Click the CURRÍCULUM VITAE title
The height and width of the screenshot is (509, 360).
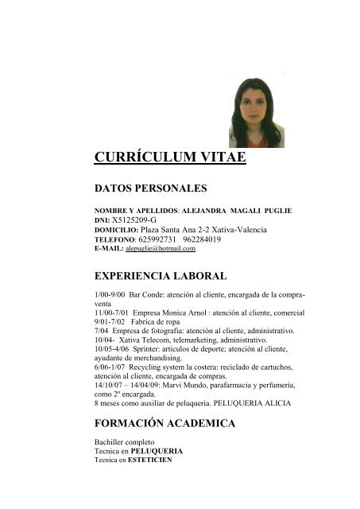170,156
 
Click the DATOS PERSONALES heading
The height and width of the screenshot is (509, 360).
150,188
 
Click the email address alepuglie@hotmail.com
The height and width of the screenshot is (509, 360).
161,249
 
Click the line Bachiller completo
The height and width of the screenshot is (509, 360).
121,441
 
